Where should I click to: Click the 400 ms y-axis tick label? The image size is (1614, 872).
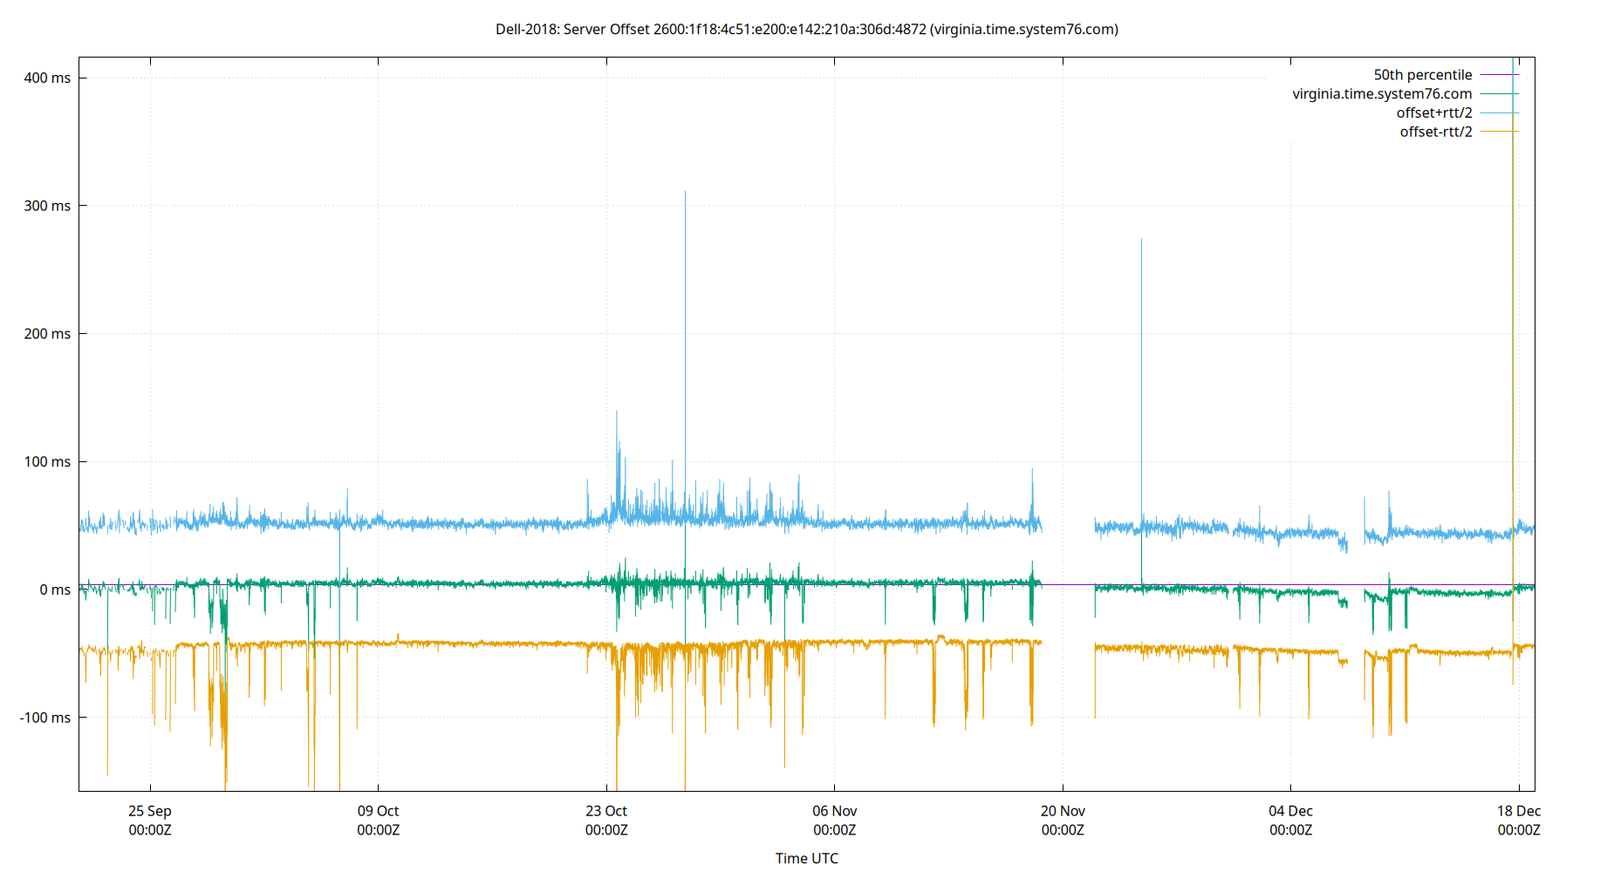click(47, 78)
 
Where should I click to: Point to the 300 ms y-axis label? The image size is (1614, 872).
click(47, 206)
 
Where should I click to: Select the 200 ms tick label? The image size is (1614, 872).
click(47, 334)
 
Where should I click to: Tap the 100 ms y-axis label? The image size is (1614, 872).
click(47, 461)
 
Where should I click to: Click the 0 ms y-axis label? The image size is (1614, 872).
click(55, 589)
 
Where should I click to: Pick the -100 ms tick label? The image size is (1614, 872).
click(44, 718)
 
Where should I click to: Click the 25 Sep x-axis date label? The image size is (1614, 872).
click(150, 811)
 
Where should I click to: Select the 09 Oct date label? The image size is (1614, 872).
click(378, 811)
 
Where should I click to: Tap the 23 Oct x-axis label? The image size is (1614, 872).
click(606, 811)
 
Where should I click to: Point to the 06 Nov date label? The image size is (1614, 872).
click(835, 811)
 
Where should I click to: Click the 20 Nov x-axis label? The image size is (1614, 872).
click(1063, 811)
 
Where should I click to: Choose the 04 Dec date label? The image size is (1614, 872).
click(1290, 811)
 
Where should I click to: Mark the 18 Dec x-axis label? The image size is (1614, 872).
click(1519, 811)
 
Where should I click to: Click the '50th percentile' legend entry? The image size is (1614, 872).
click(1422, 75)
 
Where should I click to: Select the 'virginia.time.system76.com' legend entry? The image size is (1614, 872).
click(1382, 94)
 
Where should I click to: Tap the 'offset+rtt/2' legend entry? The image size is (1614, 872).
click(1433, 113)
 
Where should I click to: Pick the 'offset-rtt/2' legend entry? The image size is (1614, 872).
click(1435, 133)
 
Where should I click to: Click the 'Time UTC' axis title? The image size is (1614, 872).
click(806, 858)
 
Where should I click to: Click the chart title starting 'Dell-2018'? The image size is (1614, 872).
click(806, 30)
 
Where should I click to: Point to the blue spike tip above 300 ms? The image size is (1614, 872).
click(685, 192)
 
